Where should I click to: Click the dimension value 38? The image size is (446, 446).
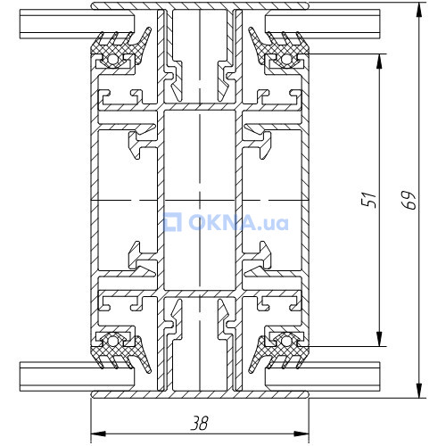pos(200,423)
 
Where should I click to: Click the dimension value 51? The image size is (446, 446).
pos(368,199)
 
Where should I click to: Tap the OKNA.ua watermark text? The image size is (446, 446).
pos(238,222)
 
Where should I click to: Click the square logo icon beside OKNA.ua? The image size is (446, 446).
pos(173,222)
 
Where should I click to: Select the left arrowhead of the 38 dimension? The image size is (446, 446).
pos(98,434)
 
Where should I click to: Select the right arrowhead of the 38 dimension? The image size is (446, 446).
pos(301,434)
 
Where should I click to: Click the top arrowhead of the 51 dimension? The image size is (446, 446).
pos(379,62)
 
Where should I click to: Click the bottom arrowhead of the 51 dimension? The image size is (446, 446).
pos(379,339)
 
